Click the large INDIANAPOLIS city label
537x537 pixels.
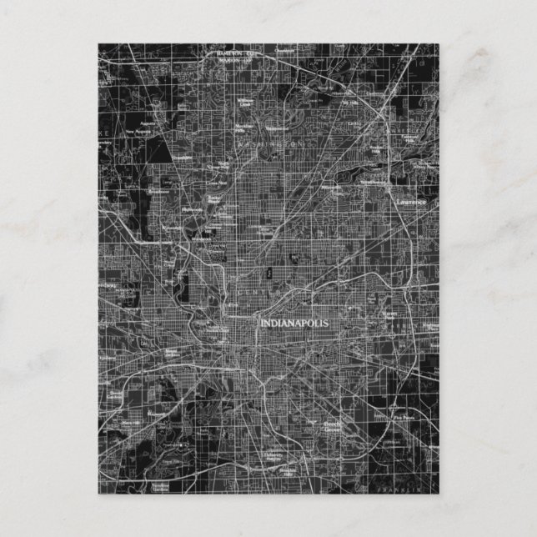(x=294, y=323)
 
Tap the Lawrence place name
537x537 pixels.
(x=411, y=202)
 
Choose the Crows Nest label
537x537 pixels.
(x=221, y=182)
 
